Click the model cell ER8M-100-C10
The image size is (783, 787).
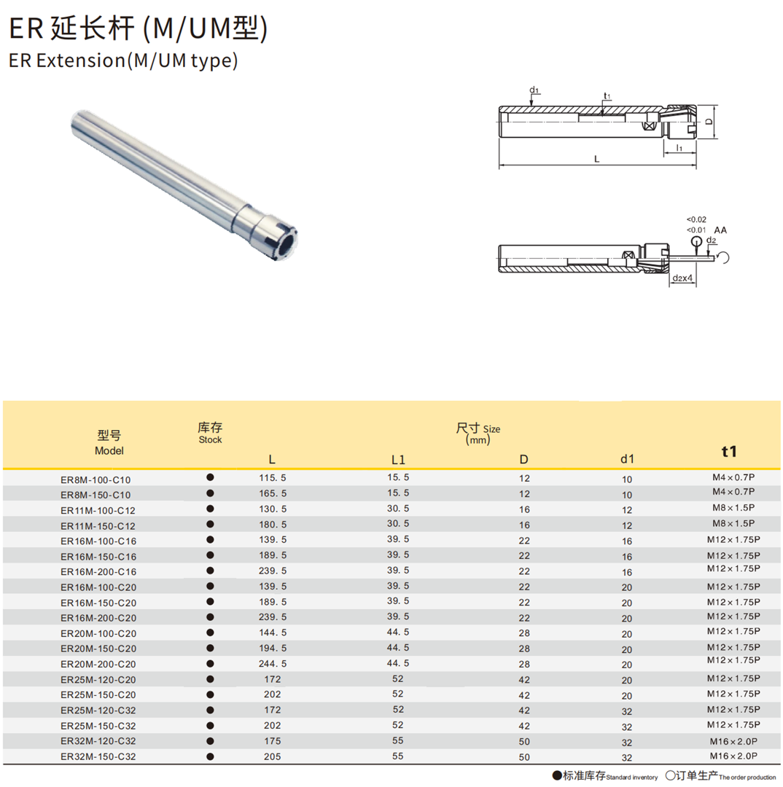(x=96, y=479)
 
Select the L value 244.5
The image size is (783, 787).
(x=273, y=664)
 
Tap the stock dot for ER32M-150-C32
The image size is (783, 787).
(x=210, y=756)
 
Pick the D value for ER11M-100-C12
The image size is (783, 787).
(x=524, y=509)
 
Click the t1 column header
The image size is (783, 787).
(x=729, y=451)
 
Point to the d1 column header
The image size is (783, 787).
(x=627, y=459)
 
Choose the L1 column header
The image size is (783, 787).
(x=398, y=460)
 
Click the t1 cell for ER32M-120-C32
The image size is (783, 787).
(x=733, y=741)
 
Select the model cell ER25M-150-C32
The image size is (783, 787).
(x=98, y=726)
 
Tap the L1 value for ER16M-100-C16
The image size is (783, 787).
(x=398, y=539)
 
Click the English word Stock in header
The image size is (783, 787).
(x=210, y=439)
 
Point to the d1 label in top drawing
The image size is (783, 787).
(x=534, y=90)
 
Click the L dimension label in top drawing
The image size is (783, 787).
(x=596, y=159)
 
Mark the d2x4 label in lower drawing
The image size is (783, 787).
(x=682, y=278)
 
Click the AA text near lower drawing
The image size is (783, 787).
(x=720, y=230)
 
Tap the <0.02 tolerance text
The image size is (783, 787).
(x=696, y=219)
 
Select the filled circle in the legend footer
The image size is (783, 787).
(x=557, y=776)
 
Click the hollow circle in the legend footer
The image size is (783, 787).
(x=670, y=776)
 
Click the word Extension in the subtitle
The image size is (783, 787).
(x=81, y=60)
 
